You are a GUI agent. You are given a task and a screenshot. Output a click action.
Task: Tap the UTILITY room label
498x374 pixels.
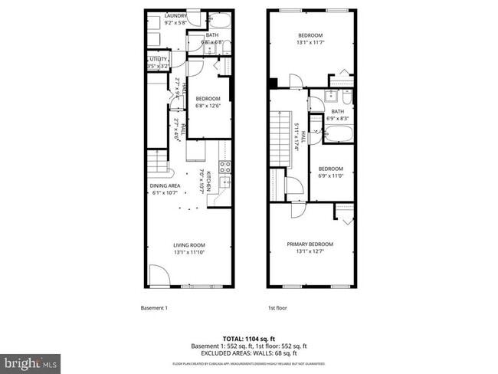158,58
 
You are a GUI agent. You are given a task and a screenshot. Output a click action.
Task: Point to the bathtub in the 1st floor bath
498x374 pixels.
337,136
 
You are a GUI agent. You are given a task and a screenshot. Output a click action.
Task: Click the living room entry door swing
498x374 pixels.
159,275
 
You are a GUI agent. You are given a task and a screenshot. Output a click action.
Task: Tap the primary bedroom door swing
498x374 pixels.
298,212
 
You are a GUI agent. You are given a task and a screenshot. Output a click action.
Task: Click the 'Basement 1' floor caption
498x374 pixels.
154,308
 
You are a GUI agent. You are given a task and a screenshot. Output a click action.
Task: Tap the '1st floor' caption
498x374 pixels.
277,308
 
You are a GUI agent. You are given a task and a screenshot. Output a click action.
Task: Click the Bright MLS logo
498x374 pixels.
31,361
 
